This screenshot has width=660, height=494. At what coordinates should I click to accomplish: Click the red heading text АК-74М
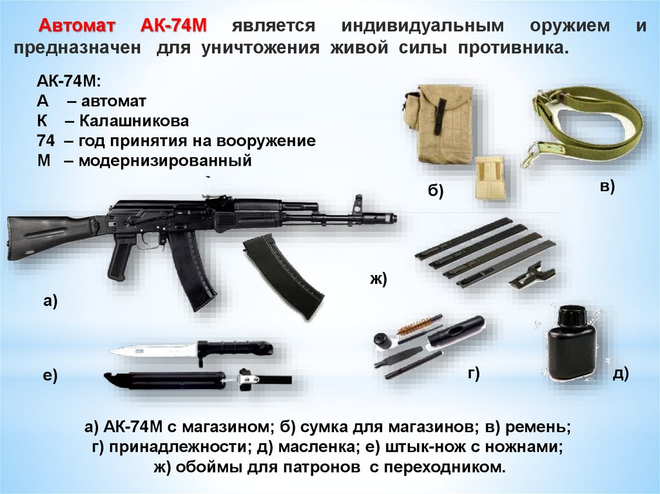[173, 26]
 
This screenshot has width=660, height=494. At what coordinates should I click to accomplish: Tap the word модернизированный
[165, 161]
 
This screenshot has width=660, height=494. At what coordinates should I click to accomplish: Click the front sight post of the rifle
[358, 205]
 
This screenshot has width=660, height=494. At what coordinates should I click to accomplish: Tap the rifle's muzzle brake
[386, 218]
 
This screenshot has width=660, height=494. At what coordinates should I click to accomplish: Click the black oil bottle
[570, 343]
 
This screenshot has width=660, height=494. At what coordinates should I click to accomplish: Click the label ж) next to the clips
[378, 279]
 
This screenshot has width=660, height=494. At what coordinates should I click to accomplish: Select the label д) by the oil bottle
[621, 373]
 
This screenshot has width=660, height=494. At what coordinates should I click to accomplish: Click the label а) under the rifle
[50, 301]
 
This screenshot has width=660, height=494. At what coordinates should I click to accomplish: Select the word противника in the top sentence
[513, 48]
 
